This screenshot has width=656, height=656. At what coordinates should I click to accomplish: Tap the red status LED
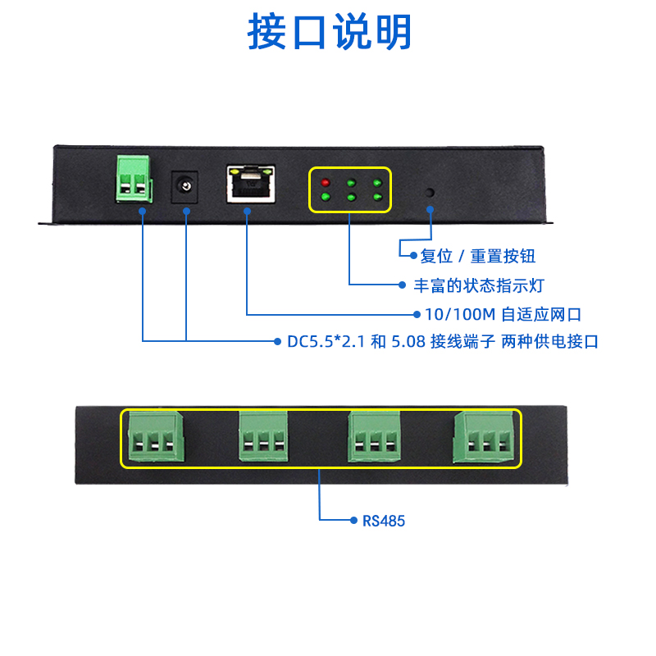(325, 182)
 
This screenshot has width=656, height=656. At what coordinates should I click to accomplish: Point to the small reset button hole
(430, 192)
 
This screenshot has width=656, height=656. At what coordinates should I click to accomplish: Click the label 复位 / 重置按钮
(478, 257)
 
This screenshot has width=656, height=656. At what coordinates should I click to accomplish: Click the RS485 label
(384, 521)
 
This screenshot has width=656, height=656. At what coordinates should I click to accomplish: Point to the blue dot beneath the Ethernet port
(248, 211)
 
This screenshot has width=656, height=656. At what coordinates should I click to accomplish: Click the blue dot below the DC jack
(186, 211)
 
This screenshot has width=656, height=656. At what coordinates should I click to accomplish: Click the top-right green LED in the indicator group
(377, 182)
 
